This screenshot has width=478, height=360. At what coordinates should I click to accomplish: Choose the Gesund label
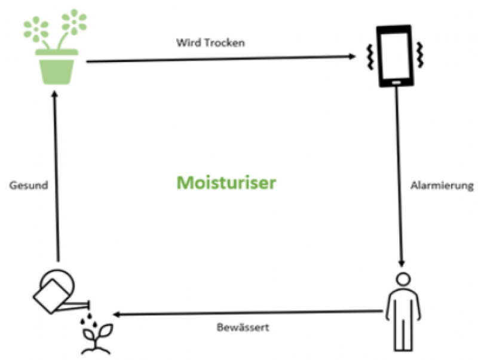[28, 186]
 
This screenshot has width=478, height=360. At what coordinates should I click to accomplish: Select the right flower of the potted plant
[74, 21]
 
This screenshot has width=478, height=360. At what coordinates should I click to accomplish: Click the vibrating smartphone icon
[394, 56]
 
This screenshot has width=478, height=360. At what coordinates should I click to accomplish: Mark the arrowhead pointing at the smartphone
[352, 57]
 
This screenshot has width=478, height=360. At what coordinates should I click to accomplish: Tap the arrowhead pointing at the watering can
[118, 314]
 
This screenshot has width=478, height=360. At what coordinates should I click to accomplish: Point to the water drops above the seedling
[88, 316]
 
